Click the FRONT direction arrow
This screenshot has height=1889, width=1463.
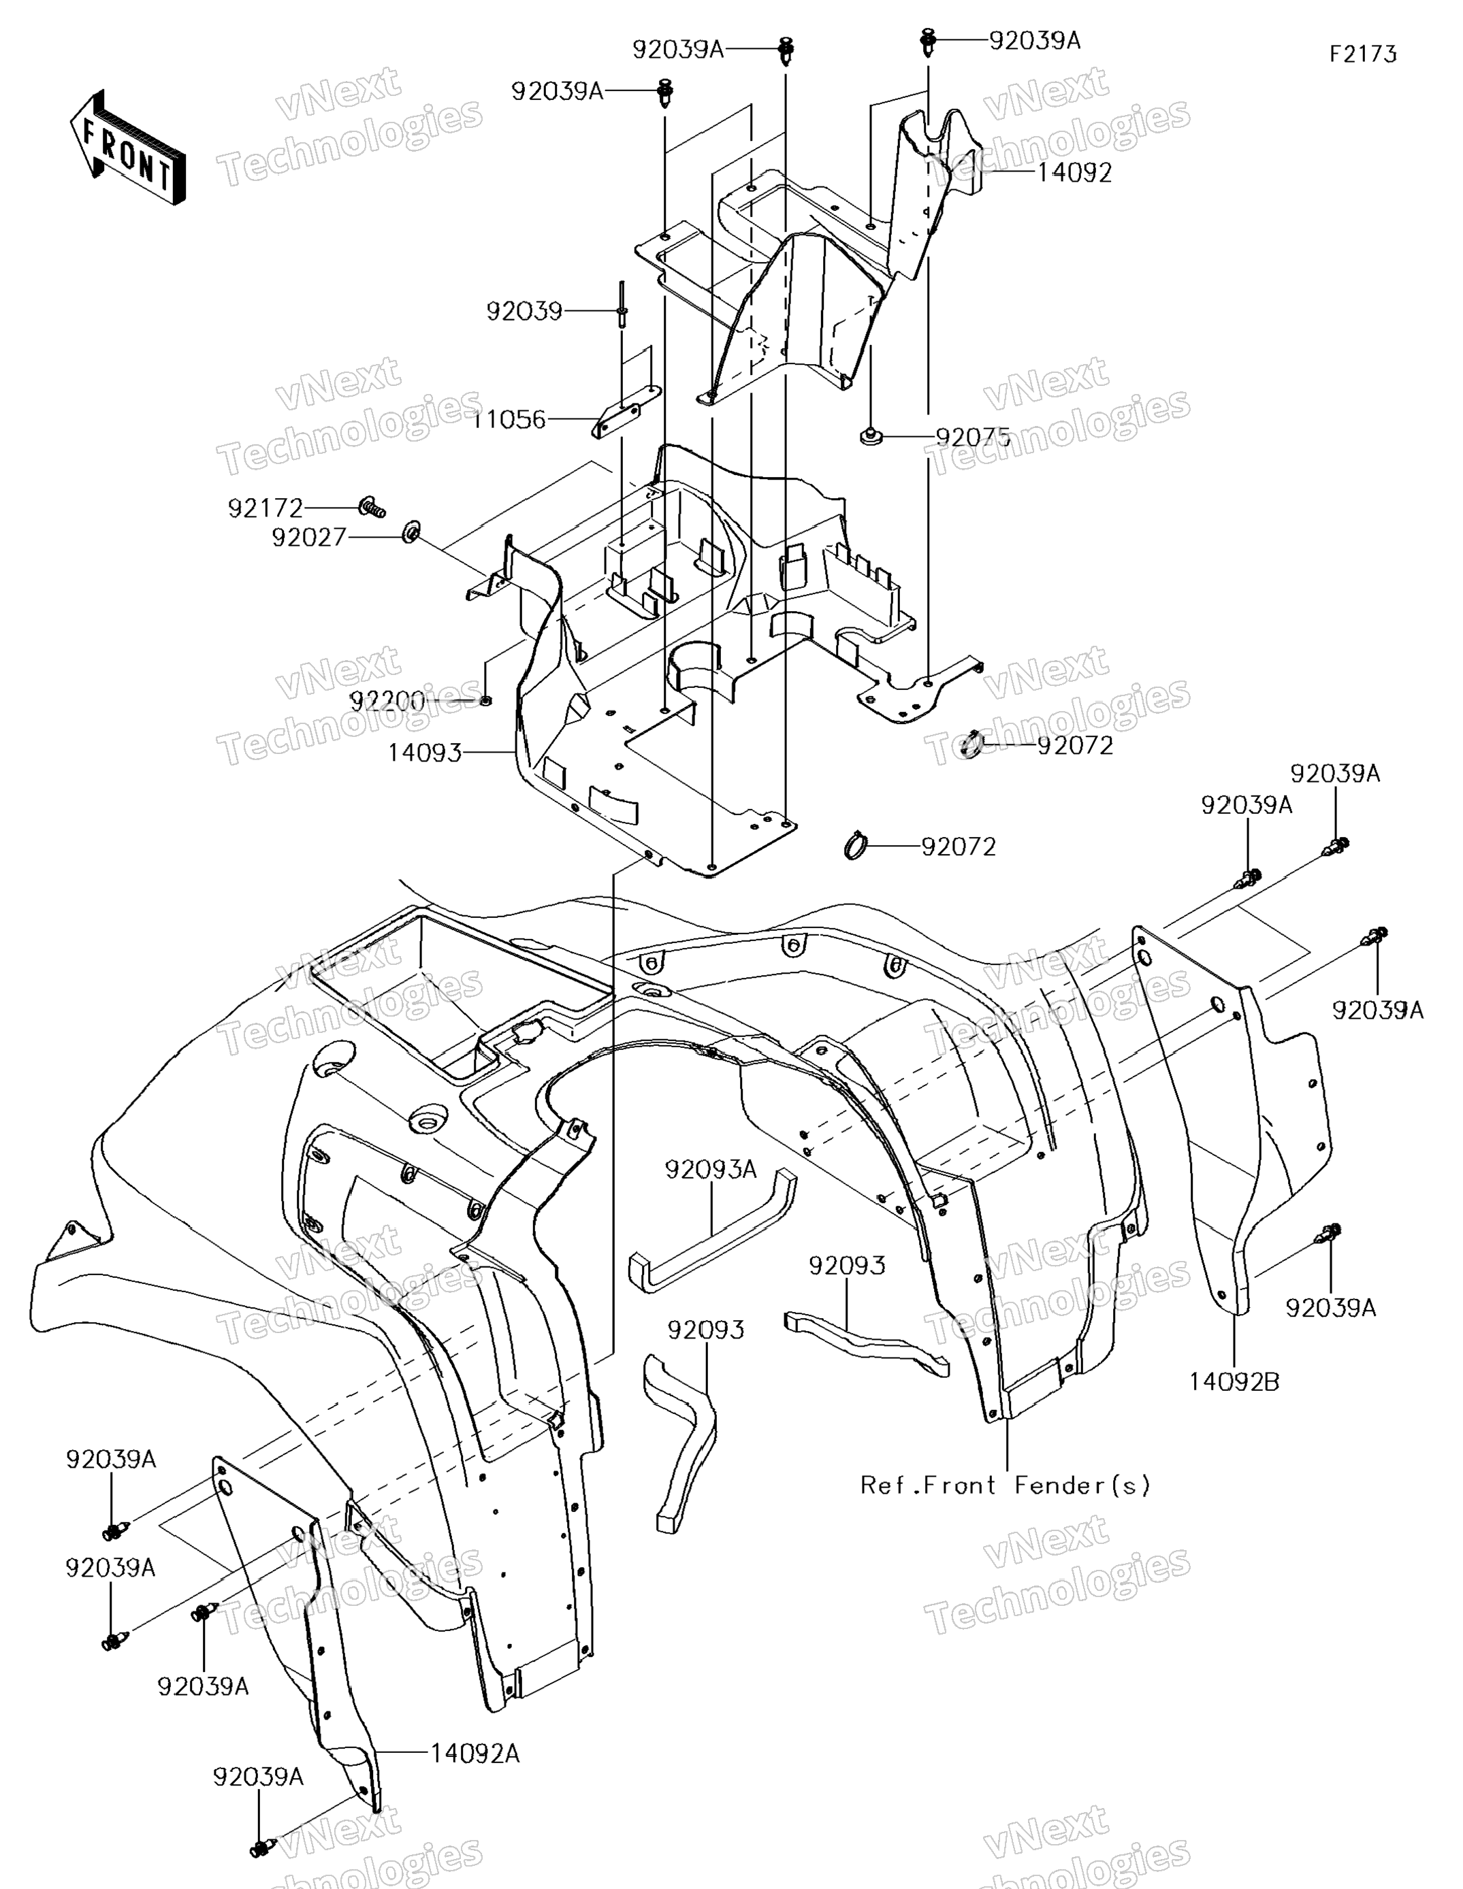128,147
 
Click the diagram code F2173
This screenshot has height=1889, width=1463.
1363,54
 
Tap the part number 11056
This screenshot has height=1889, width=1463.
510,421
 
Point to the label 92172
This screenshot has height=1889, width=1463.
266,508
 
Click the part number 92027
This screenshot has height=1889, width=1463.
309,538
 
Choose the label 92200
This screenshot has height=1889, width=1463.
387,702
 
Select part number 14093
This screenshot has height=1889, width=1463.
425,753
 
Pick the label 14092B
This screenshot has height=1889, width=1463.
1234,1381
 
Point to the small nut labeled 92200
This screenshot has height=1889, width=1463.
485,700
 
